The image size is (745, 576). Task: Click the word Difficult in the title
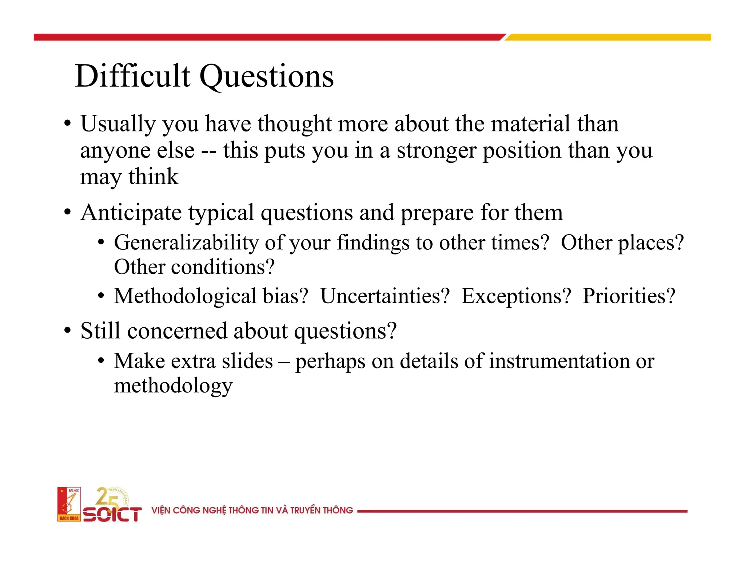(x=132, y=76)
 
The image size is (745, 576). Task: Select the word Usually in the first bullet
(x=118, y=125)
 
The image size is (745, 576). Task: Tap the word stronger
(x=436, y=151)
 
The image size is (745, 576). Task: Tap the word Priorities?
(x=629, y=296)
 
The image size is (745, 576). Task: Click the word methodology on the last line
(x=173, y=386)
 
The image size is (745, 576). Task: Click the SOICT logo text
(x=112, y=514)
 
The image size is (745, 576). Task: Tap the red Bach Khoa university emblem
(x=69, y=504)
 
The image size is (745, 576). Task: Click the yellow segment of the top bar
(x=607, y=37)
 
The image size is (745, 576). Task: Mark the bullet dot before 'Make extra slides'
(x=101, y=361)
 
